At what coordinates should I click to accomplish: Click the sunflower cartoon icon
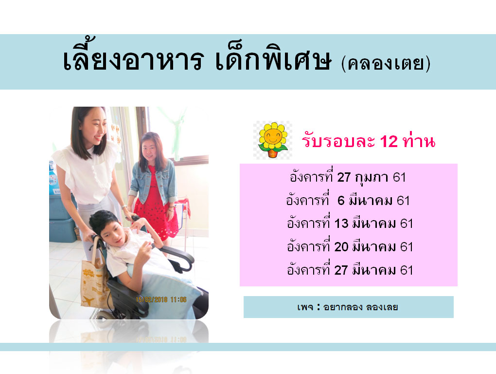click(x=273, y=140)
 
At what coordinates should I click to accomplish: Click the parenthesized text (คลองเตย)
click(x=386, y=63)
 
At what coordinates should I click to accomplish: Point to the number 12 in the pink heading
click(x=389, y=141)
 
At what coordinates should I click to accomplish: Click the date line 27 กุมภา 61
click(x=348, y=177)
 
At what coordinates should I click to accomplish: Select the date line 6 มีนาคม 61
click(x=348, y=201)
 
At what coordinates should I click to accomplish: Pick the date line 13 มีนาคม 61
click(x=350, y=224)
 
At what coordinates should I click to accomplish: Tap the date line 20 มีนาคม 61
click(x=350, y=247)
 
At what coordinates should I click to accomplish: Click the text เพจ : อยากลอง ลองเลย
click(x=348, y=307)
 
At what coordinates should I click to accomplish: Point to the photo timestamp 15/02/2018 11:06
click(x=161, y=299)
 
